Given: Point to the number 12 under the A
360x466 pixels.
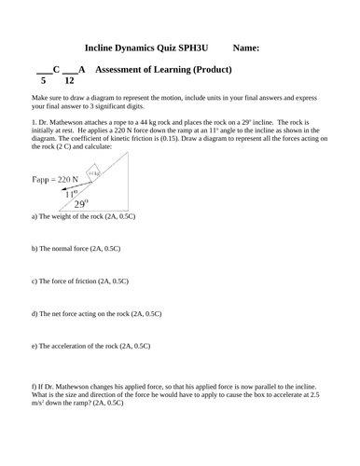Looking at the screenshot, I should (69, 81).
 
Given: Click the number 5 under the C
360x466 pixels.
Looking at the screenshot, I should (42, 81).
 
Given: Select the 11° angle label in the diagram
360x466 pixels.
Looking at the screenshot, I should (70, 192).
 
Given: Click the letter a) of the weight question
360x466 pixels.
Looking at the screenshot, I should (35, 216).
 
